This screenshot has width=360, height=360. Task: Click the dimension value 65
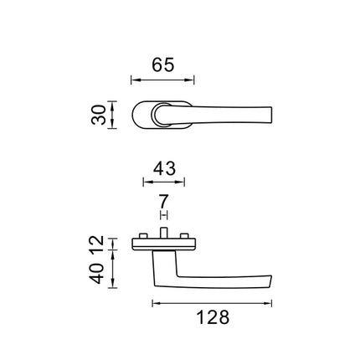(x=163, y=64)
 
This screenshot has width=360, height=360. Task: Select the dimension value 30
(x=99, y=115)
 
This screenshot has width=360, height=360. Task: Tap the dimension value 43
(x=164, y=168)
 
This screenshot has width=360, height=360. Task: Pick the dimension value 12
(x=97, y=244)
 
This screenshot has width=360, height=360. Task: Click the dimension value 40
(x=97, y=274)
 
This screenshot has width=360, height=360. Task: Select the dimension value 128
(x=213, y=317)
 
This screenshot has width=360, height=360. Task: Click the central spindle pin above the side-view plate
(x=163, y=233)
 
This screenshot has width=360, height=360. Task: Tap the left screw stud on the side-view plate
(x=143, y=236)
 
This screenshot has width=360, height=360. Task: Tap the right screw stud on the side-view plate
(x=184, y=236)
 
